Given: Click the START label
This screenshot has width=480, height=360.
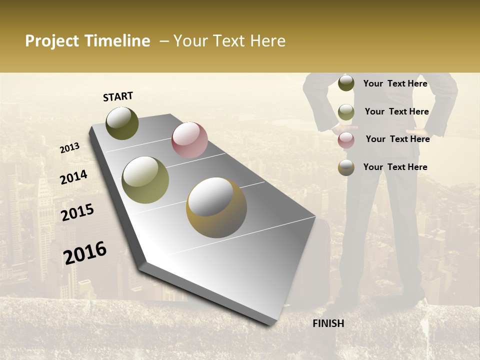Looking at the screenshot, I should (118, 96).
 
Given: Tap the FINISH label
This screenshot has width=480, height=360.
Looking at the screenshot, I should (328, 323).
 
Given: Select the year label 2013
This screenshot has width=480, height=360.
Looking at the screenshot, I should (70, 148).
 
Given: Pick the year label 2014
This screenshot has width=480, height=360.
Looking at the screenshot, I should (73, 177).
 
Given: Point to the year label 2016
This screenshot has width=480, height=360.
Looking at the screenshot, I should (85, 253).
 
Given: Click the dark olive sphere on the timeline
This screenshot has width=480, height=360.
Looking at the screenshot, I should (122, 123).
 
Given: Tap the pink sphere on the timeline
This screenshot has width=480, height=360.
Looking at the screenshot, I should (189, 140).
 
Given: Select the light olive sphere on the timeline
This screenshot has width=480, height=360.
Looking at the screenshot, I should (145, 180).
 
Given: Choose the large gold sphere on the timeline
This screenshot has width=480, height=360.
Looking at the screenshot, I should (216, 207).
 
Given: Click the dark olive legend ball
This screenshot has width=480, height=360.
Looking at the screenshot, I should (346, 83).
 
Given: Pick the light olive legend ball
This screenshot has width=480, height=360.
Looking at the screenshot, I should (346, 112).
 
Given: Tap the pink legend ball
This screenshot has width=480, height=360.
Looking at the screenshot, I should (346, 140).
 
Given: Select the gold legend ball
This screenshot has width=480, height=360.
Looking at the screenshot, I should (346, 167).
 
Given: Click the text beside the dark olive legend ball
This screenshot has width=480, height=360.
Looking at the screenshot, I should (395, 84).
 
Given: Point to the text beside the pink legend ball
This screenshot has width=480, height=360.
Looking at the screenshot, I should (397, 139).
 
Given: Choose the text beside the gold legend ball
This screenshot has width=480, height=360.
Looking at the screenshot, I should (395, 167).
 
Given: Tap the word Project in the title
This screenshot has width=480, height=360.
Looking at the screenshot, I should (53, 41).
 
